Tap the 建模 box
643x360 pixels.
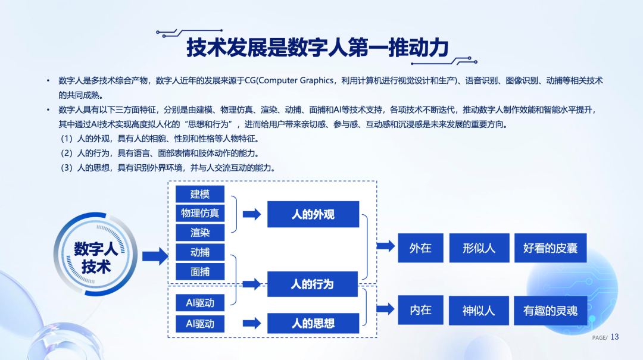[x=200, y=194]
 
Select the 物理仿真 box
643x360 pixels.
[x=200, y=213]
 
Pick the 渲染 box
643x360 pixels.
[x=200, y=232]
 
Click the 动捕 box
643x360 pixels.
[x=200, y=252]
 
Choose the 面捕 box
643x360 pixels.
[x=200, y=271]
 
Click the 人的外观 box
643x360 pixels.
[x=313, y=214]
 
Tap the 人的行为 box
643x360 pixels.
[x=313, y=284]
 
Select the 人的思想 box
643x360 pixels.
[x=313, y=323]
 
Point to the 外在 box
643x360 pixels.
[x=420, y=248]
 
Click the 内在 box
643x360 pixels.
[x=420, y=310]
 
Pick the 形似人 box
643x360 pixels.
[x=479, y=248]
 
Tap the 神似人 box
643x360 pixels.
[x=479, y=311]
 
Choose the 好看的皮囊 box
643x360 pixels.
[x=550, y=248]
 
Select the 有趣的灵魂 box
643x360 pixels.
[x=550, y=311]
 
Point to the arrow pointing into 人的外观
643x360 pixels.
[x=252, y=215]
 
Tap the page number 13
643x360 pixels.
[x=615, y=337]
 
